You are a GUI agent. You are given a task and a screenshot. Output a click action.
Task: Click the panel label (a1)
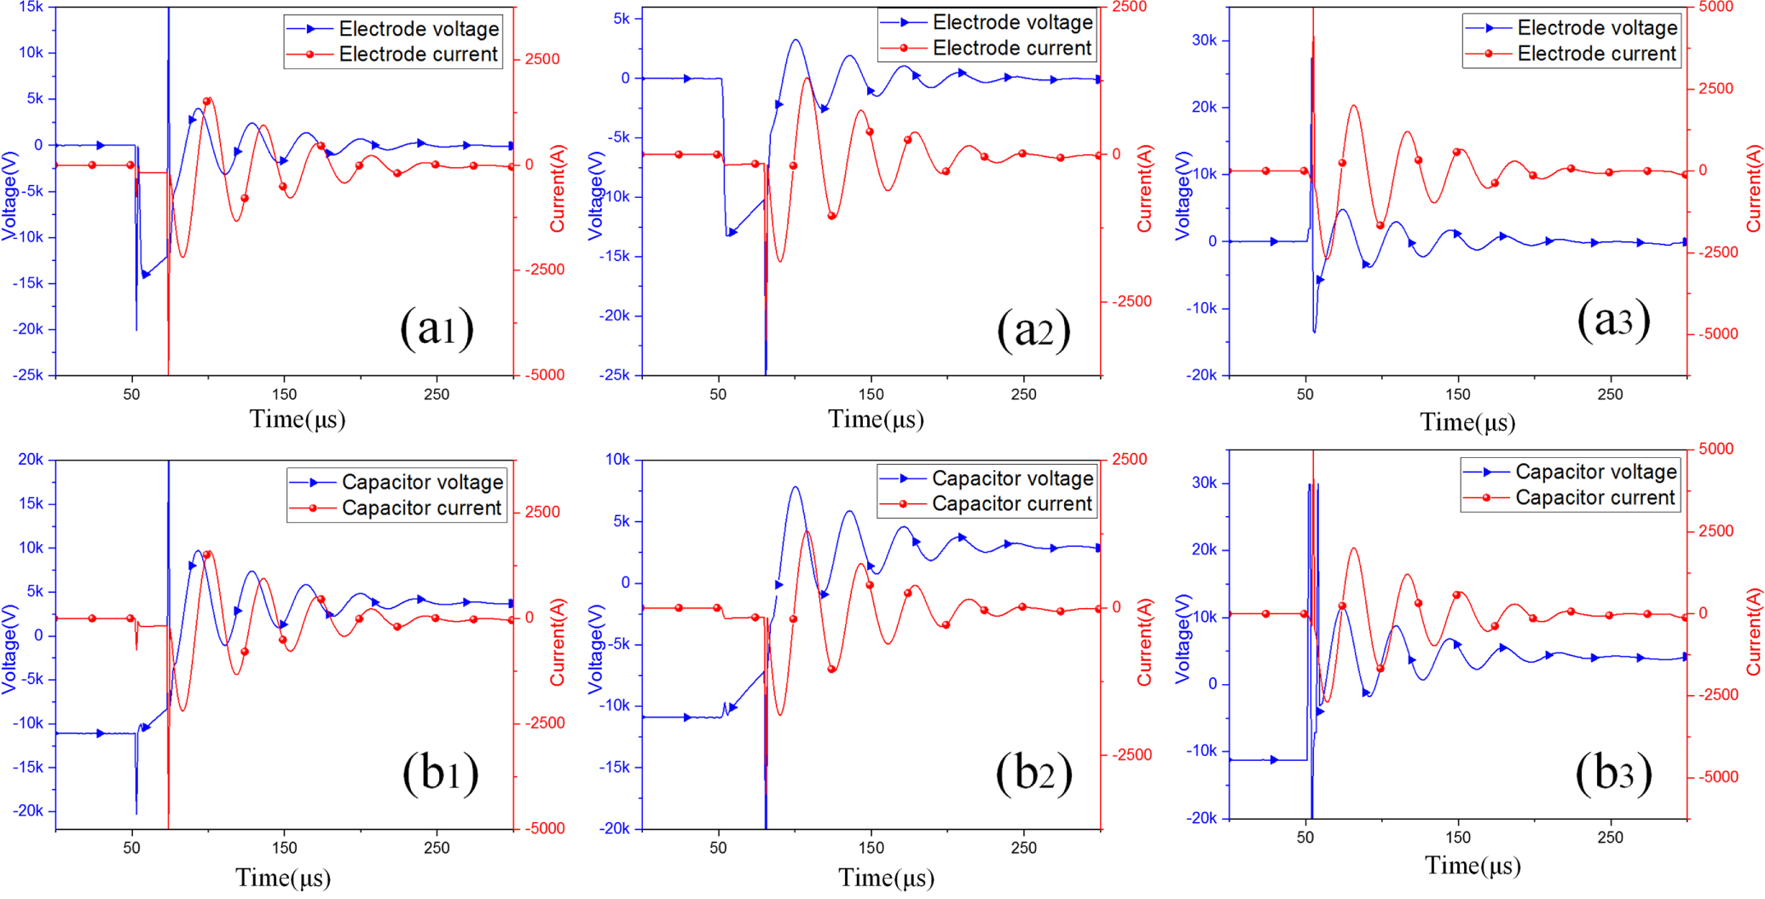pos(437,328)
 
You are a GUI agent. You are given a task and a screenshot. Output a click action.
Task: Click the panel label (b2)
pos(1033,774)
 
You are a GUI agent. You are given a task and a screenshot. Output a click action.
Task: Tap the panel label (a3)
pos(1613,321)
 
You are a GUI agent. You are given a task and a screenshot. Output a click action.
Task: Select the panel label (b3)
pos(1613,774)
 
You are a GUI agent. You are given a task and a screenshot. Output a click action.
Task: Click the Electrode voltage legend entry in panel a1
pos(418,29)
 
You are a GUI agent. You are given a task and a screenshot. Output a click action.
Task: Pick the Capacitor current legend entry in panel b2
pos(1011,504)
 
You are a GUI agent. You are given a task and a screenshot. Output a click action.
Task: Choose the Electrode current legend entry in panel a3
pos(1596,54)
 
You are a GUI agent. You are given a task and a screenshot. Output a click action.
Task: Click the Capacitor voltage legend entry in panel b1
pos(422,482)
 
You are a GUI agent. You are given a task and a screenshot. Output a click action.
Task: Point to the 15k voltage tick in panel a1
pos(31,7)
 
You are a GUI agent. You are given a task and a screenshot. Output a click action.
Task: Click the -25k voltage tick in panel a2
pos(614,375)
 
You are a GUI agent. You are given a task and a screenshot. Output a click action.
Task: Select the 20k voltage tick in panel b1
pos(31,460)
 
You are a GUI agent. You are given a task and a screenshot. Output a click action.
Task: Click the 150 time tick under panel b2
pos(871,848)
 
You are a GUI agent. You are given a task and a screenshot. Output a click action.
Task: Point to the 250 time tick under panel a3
pos(1610,394)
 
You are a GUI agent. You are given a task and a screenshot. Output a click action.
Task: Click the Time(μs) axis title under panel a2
pos(876,420)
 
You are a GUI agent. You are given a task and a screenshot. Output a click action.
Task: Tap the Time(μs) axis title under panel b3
pos(1473,866)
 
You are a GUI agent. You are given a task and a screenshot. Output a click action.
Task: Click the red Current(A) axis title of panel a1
pos(557,189)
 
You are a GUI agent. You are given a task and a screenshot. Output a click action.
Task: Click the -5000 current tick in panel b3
pos(1718,777)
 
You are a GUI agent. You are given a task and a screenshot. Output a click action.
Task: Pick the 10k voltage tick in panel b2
pos(617,460)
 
